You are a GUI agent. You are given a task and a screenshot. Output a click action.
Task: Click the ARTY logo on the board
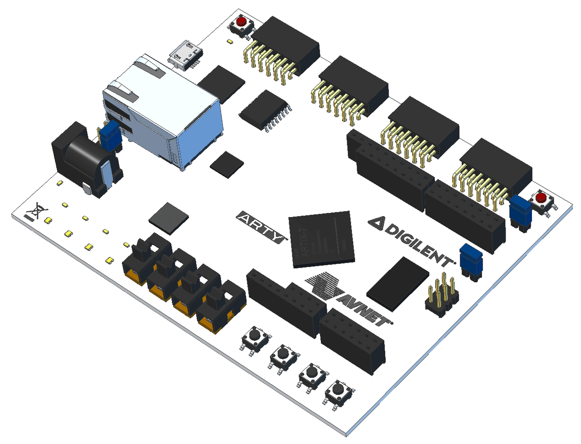tap(262, 227)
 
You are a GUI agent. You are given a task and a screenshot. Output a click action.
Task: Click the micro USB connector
tap(186, 54)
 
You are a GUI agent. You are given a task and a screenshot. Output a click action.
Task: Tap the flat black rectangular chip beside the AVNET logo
tap(397, 284)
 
